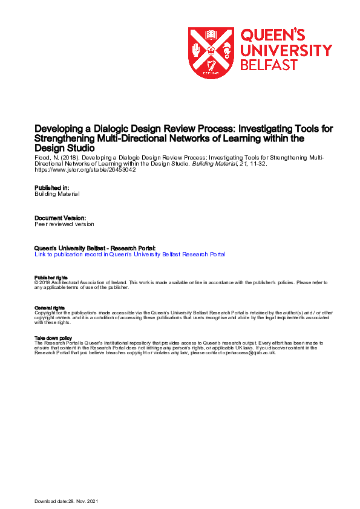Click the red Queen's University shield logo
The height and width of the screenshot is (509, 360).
[211, 53]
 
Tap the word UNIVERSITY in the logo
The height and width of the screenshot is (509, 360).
[286, 50]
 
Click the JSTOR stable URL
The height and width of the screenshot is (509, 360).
[85, 170]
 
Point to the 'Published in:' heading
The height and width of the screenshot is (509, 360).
[53, 187]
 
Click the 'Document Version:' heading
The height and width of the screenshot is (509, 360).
[60, 217]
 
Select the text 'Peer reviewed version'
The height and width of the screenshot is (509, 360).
[64, 224]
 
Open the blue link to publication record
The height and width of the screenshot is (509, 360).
[130, 254]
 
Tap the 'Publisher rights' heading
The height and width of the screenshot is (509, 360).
[51, 277]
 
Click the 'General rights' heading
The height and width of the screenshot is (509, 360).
[50, 308]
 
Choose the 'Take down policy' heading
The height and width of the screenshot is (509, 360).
[54, 338]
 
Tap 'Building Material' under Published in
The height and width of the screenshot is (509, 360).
[57, 194]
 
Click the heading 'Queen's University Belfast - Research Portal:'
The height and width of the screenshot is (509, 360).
[96, 248]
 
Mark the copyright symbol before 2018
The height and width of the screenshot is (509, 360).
[37, 282]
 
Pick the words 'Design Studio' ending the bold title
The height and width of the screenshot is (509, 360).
[65, 148]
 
